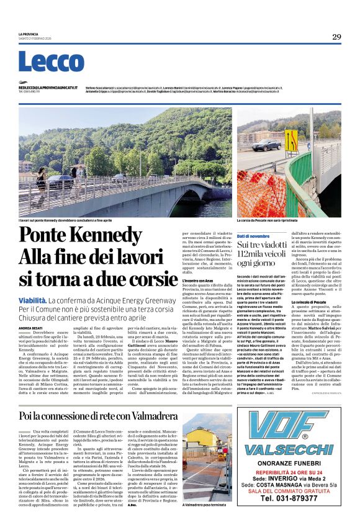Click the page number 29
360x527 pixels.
pyautogui.click(x=336, y=37)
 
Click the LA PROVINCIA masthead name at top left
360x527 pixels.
pyautogui.click(x=28, y=34)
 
